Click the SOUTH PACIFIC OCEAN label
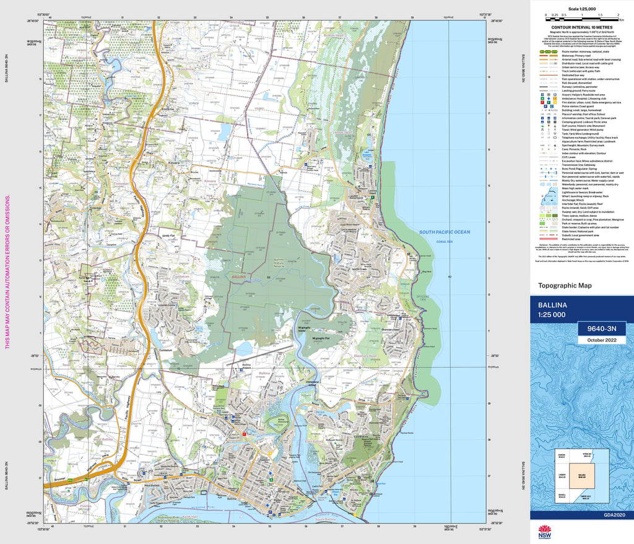click(x=445, y=232)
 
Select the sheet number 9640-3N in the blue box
click(x=599, y=328)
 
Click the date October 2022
click(x=599, y=340)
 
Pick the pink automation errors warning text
click(x=8, y=272)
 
